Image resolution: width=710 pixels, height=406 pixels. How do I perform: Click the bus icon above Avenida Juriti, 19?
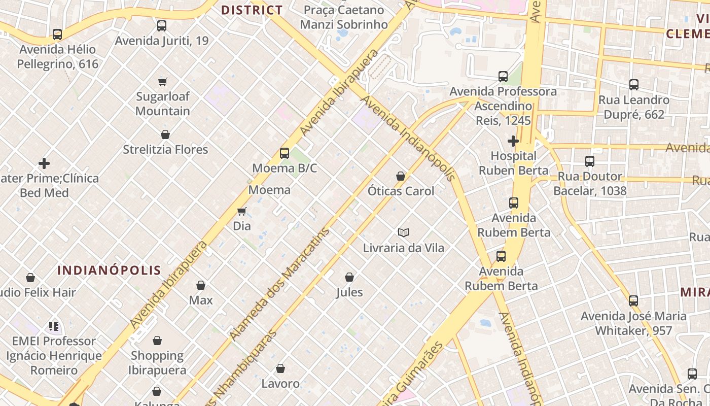(x=162, y=25)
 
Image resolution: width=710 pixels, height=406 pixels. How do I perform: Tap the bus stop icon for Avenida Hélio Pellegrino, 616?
(x=57, y=35)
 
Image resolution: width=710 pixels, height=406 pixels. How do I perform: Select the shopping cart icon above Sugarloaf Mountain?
(x=163, y=82)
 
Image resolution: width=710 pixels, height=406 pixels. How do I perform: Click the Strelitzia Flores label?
(x=165, y=149)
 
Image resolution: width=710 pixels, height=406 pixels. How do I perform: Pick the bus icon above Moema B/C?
(x=285, y=153)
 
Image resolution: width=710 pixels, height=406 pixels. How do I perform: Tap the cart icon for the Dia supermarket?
(x=242, y=211)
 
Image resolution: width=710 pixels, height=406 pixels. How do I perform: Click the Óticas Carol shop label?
(x=401, y=191)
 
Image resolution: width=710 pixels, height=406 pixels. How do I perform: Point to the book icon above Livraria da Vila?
(x=403, y=232)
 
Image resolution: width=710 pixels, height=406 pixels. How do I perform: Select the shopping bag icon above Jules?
(x=349, y=277)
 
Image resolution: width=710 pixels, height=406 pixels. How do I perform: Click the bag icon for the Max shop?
(x=201, y=285)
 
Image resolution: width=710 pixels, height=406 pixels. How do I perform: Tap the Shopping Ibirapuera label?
(x=157, y=362)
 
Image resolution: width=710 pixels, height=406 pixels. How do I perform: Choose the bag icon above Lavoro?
(x=280, y=368)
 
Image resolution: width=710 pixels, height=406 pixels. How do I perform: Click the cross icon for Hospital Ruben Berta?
(x=513, y=141)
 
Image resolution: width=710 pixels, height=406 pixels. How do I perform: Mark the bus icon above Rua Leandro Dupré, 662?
(x=633, y=85)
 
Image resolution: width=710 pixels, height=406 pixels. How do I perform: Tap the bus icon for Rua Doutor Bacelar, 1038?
(x=590, y=161)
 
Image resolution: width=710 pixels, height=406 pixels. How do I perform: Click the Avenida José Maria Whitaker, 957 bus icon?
(x=633, y=301)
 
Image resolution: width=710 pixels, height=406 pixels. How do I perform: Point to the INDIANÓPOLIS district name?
(x=109, y=270)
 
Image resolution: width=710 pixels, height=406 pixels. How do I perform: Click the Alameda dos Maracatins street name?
(x=279, y=284)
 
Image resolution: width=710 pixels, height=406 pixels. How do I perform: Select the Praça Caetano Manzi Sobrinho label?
(x=344, y=17)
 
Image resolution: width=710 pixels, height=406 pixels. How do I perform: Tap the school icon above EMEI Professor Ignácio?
(x=54, y=326)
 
